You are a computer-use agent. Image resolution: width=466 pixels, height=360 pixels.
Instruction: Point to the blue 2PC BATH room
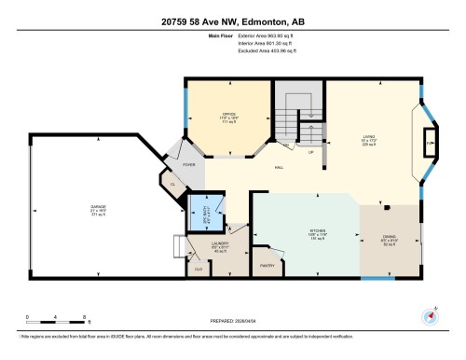pyautogui.click(x=206, y=211)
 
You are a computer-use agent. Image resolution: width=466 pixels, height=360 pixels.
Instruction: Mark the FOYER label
pyautogui.click(x=187, y=163)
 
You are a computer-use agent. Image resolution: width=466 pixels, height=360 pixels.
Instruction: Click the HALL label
pyautogui.click(x=279, y=168)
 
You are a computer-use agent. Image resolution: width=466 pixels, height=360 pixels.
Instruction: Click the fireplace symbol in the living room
pyautogui.click(x=429, y=143)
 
